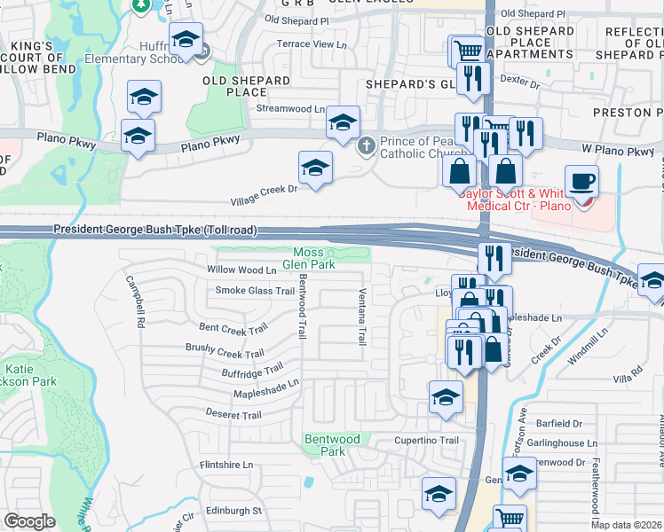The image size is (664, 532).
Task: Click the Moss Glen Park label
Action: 309,258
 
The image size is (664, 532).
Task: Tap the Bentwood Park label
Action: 332,445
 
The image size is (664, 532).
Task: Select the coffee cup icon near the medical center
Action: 581,182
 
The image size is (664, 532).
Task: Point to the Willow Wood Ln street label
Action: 241,270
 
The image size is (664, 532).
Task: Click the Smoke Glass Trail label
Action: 255,291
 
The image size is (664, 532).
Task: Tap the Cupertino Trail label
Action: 426,441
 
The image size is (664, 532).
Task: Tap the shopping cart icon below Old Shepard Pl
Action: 468,51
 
